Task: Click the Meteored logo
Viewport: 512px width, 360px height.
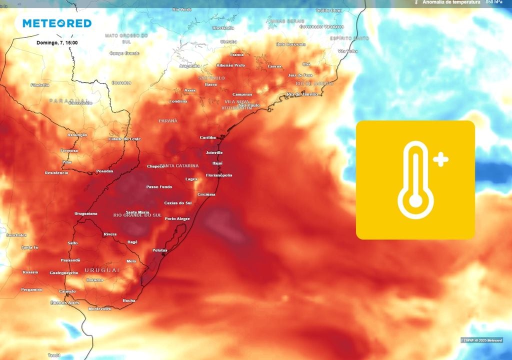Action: (56, 23)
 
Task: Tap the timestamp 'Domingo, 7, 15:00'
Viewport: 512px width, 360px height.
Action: (57, 42)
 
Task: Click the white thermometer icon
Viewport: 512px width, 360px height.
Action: (415, 180)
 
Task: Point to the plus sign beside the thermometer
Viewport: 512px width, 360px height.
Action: (440, 160)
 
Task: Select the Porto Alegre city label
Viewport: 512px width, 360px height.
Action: (177, 218)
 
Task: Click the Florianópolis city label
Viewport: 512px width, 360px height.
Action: (219, 175)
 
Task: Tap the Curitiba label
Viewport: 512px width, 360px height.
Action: (207, 137)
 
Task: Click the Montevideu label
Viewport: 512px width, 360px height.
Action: (99, 309)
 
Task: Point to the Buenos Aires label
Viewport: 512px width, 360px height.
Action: (65, 303)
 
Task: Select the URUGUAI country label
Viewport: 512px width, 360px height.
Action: (102, 270)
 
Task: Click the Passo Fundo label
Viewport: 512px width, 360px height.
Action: (159, 187)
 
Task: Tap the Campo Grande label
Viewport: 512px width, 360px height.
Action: (124, 53)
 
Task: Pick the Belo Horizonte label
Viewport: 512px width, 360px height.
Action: (290, 44)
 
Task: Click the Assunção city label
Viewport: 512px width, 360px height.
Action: (77, 135)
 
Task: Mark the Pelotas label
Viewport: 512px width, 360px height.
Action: (160, 250)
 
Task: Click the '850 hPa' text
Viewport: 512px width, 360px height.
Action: (494, 2)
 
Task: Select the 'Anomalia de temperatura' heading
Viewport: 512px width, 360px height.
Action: (451, 2)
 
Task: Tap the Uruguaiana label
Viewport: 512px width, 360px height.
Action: (85, 213)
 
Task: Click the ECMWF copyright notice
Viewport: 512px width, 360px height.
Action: (481, 340)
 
